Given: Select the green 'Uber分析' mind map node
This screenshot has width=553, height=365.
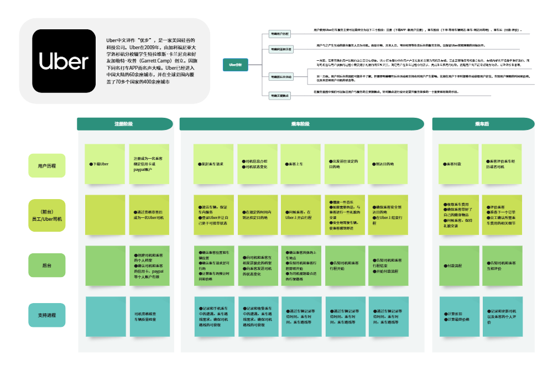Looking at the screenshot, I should pyautogui.click(x=236, y=64).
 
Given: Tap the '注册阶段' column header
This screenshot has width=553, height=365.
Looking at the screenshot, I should pyautogui.click(x=123, y=124).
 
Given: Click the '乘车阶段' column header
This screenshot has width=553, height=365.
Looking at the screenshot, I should pyautogui.click(x=300, y=124).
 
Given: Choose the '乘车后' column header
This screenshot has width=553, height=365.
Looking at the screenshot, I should pyautogui.click(x=483, y=124).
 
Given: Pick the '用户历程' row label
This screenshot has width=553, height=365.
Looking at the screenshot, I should pyautogui.click(x=47, y=165).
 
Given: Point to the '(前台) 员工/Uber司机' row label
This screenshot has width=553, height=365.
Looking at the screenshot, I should pyautogui.click(x=47, y=215).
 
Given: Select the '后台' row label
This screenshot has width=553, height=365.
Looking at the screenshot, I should pyautogui.click(x=47, y=265).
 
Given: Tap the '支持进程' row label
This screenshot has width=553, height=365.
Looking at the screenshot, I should pyautogui.click(x=47, y=315).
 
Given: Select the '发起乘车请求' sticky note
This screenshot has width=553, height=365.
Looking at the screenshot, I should pyautogui.click(x=213, y=164).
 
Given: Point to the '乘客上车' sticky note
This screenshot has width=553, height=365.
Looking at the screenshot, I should pyautogui.click(x=300, y=164).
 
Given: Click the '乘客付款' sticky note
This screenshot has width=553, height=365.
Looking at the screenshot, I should pyautogui.click(x=458, y=164).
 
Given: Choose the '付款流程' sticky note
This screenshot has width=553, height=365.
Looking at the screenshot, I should pyautogui.click(x=458, y=265).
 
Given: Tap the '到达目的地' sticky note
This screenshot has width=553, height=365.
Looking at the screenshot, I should pyautogui.click(x=388, y=164).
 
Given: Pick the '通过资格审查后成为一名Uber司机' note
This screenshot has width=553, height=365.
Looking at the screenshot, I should pyautogui.click(x=149, y=215).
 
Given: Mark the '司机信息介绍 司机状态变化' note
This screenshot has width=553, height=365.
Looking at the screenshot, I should pyautogui.click(x=257, y=164).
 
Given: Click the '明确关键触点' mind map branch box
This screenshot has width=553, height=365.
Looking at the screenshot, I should pyautogui.click(x=279, y=95).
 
